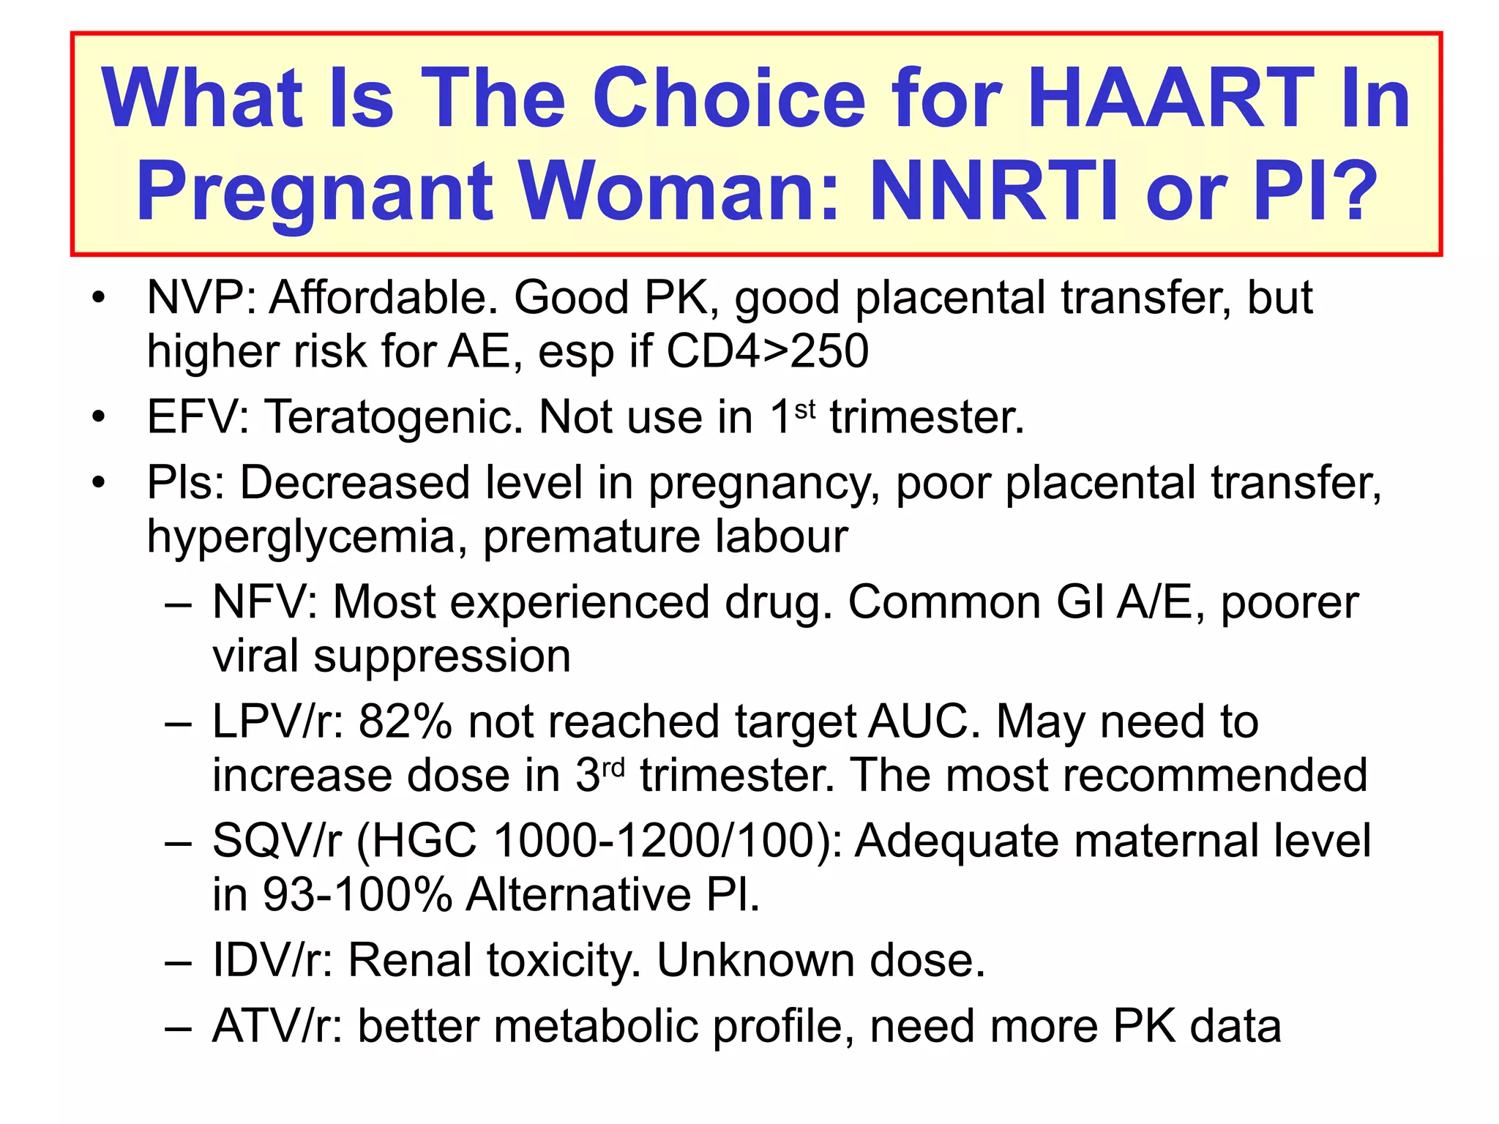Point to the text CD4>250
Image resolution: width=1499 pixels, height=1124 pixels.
coord(767,351)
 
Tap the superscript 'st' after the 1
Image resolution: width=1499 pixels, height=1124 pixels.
coord(804,409)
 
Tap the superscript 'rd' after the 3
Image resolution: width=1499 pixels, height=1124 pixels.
coord(613,768)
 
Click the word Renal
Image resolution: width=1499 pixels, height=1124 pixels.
coord(410,960)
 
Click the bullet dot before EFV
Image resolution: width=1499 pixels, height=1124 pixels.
coord(99,417)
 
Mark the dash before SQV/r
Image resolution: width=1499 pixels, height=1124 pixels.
coord(178,842)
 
